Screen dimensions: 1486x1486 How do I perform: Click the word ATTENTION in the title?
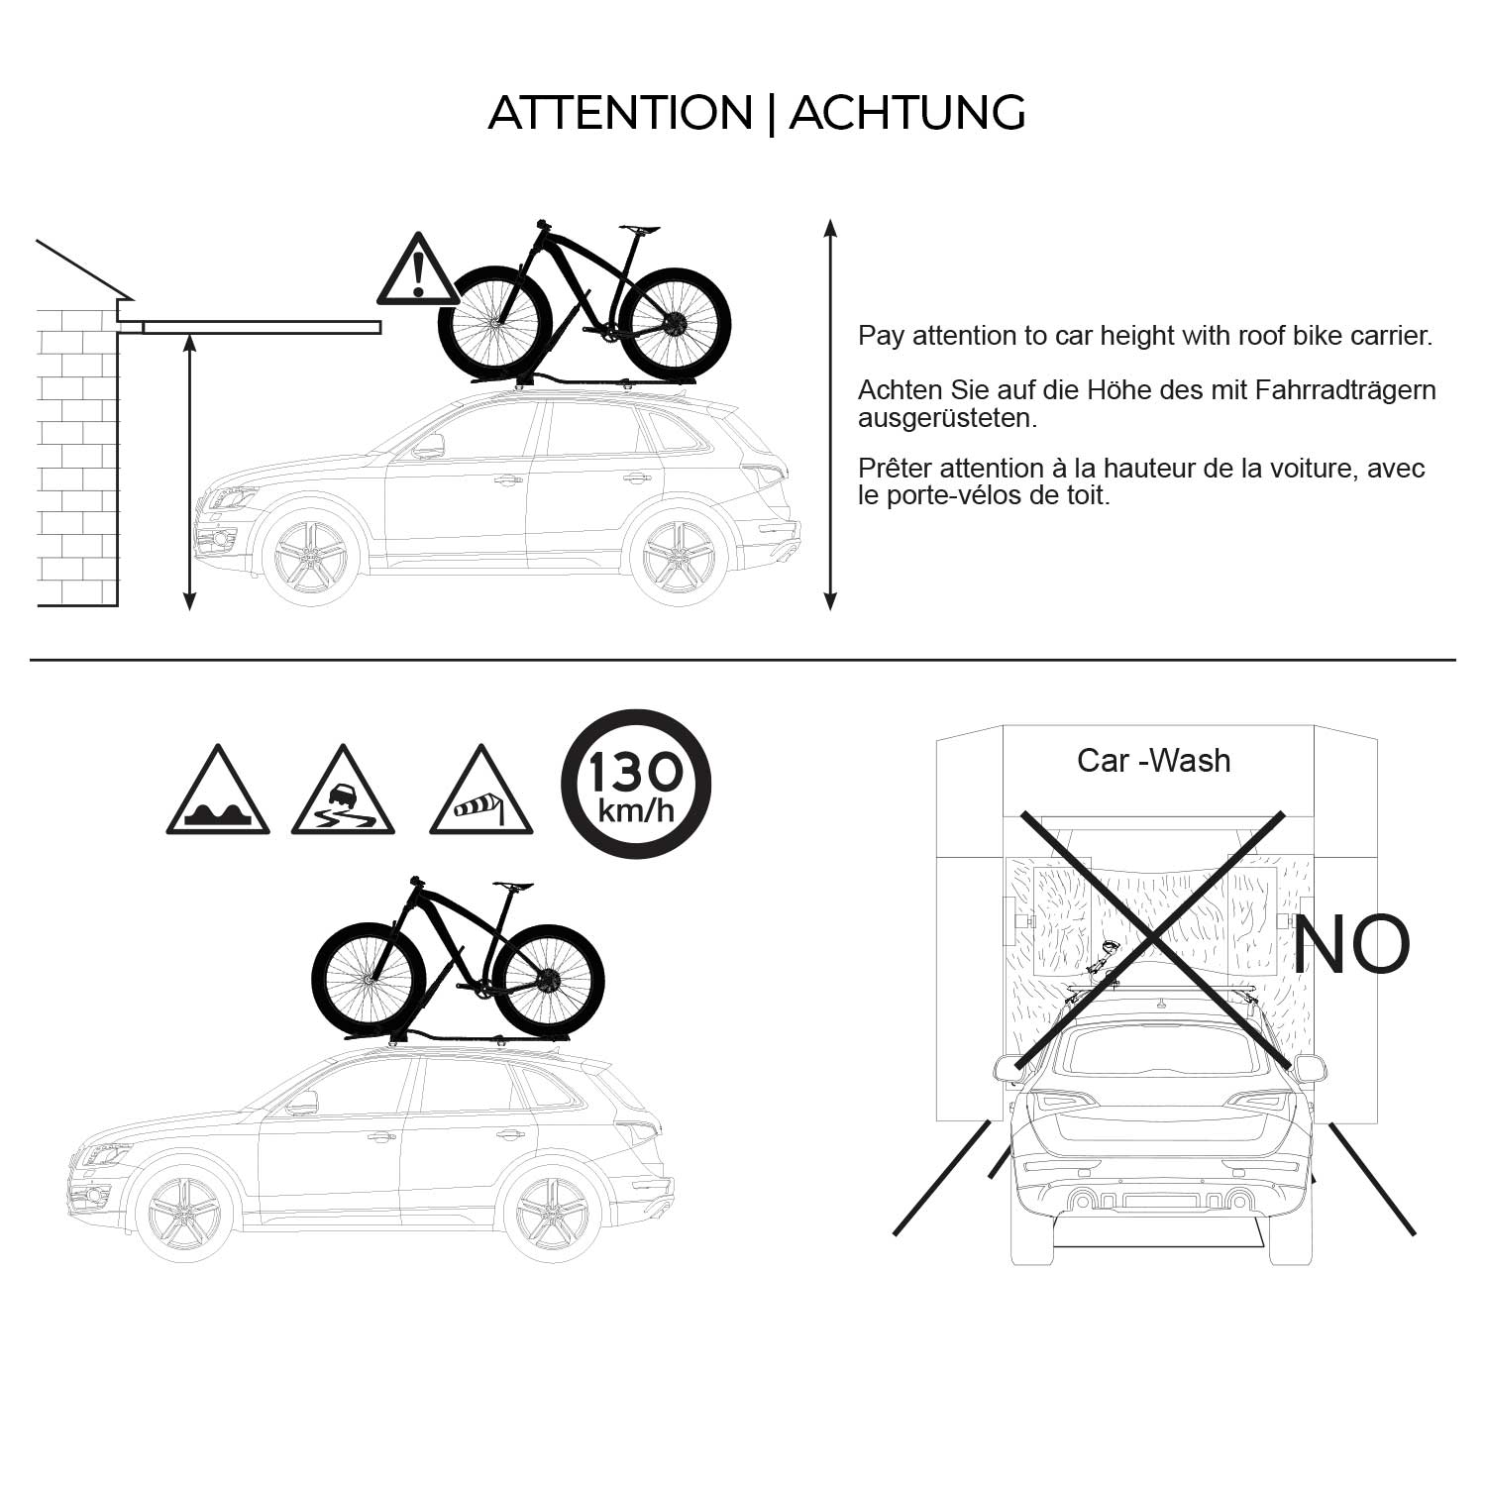pos(620,113)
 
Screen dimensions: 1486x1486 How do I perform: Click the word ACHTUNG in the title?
pos(906,113)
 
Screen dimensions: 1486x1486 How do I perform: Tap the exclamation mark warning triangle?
pos(417,270)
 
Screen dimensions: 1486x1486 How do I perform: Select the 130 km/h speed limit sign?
pos(636,784)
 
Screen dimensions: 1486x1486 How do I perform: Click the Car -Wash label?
pos(1153,761)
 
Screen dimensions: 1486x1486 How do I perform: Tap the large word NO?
pos(1350,944)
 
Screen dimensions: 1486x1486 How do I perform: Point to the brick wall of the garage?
pos(77,456)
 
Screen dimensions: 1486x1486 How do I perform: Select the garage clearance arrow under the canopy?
pos(189,472)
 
